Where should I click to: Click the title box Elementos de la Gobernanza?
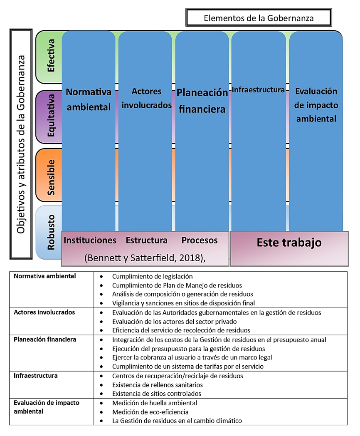point(258,18)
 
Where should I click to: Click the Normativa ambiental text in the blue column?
point(89,99)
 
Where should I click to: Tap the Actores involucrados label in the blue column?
point(146,98)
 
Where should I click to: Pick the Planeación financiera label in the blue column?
point(202,101)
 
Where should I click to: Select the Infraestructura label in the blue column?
point(258,89)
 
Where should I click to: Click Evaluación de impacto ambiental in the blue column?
point(316,105)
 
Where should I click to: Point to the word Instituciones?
point(90,240)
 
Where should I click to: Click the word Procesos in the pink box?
point(200,240)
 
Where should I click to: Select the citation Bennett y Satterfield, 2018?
point(145,258)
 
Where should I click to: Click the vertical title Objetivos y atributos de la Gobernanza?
point(21,144)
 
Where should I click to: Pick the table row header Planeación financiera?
point(45,339)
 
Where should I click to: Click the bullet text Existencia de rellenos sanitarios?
point(158,385)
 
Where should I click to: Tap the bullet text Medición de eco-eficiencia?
point(150,412)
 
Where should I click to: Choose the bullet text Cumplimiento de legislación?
point(152,276)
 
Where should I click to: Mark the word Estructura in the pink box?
point(146,240)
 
